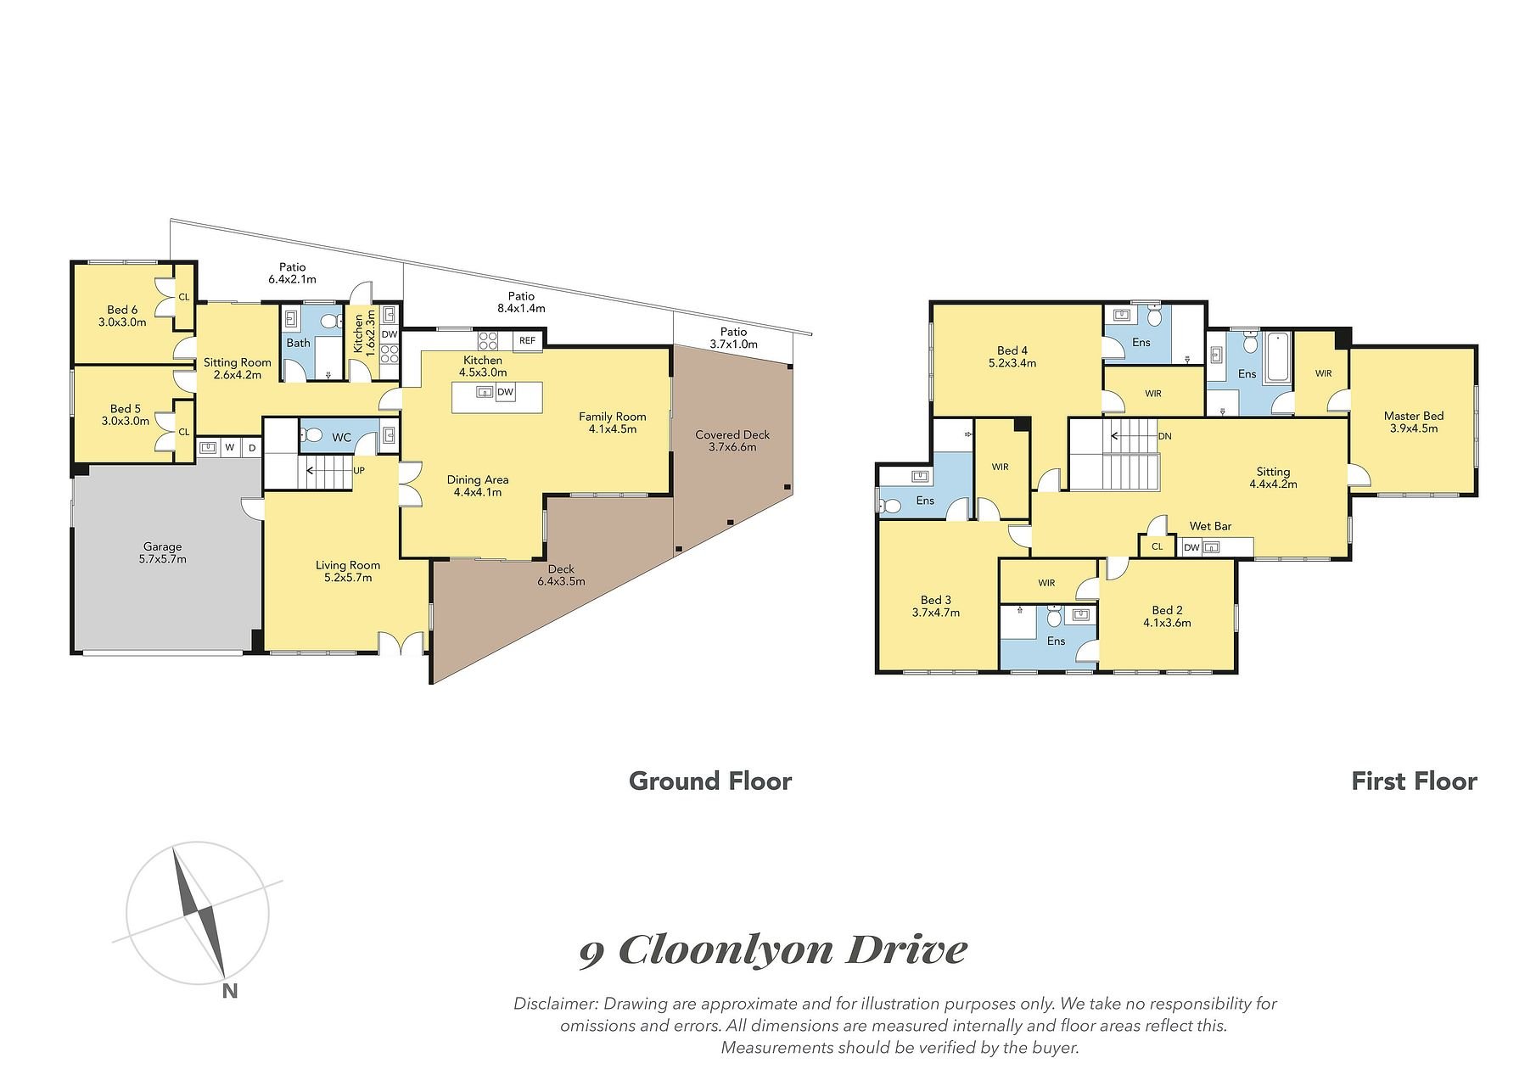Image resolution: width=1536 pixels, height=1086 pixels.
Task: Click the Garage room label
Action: coord(162,547)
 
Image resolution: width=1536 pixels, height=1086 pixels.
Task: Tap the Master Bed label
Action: coord(1413,416)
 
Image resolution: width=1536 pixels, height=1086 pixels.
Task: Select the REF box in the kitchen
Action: coord(527,341)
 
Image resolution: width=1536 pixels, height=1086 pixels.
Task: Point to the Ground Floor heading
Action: coord(710,781)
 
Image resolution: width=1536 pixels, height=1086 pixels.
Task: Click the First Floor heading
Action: coord(1414,781)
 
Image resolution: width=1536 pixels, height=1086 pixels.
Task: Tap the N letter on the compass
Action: coord(229,990)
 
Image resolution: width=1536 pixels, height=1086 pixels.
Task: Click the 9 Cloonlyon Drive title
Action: coord(773,950)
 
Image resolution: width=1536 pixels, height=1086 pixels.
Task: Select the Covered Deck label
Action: coord(732,434)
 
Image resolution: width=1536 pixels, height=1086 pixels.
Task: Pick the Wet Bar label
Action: coord(1210,526)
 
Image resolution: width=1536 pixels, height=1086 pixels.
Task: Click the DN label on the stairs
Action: coord(1164,436)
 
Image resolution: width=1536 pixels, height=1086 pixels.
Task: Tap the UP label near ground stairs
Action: coord(359,469)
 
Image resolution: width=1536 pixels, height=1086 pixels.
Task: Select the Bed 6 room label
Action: coord(123,310)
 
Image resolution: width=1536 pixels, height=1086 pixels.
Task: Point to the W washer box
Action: coord(229,447)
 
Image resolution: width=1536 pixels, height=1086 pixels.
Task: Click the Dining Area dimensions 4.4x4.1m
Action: coord(478,492)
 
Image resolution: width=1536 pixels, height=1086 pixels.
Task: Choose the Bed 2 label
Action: coord(1167,610)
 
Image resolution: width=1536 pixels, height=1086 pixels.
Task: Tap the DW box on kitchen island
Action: coord(506,392)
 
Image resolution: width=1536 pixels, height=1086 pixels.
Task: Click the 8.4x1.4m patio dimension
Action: coord(521,309)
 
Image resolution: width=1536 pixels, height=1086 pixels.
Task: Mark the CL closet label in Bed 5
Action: coord(183,432)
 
